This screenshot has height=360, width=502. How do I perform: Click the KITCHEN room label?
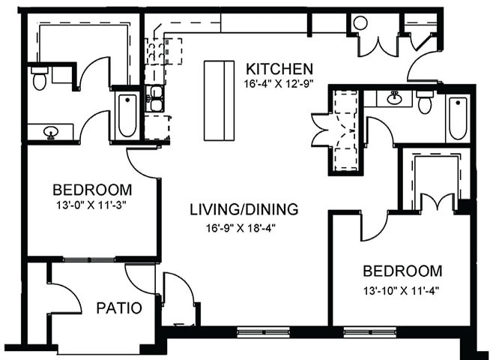(280, 67)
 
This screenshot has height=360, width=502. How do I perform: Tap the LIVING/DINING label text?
(244, 209)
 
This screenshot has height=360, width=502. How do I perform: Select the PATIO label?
(119, 308)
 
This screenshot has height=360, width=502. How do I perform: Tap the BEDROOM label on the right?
(402, 271)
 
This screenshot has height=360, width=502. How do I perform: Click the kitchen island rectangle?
(219, 100)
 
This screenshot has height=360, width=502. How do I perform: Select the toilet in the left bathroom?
(40, 77)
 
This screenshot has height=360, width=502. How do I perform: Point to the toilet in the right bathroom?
(425, 101)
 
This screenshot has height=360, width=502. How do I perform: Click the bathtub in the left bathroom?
(127, 115)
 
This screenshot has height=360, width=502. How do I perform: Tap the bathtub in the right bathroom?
(457, 118)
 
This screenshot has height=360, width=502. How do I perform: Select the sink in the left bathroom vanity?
(51, 133)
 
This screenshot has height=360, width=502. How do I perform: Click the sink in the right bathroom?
(394, 97)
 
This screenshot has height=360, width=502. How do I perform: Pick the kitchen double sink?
(156, 99)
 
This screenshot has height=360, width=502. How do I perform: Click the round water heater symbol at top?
(360, 23)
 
